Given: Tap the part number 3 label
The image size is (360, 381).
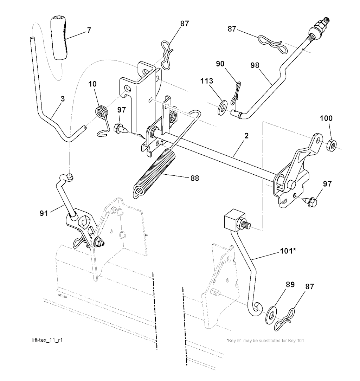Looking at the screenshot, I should [x=63, y=99].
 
